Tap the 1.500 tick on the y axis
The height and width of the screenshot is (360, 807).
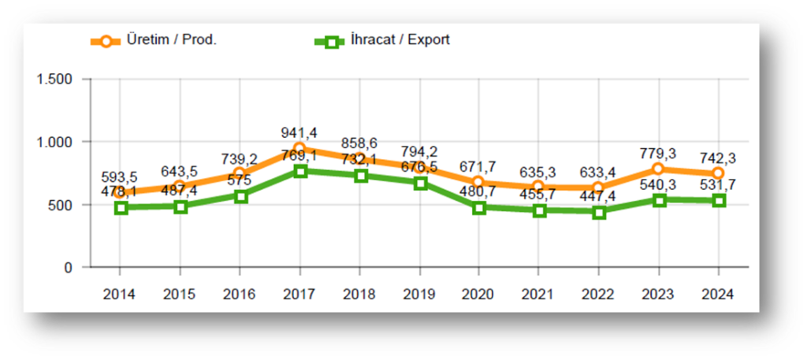click(x=54, y=80)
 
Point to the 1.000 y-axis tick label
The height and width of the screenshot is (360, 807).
click(x=54, y=143)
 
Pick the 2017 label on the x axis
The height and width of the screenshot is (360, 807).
click(x=299, y=294)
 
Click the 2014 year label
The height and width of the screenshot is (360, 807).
click(x=120, y=294)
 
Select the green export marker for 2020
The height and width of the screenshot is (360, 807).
click(x=478, y=207)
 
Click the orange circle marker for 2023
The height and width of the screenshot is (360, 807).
click(x=658, y=169)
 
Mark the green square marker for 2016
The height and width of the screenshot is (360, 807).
click(x=240, y=196)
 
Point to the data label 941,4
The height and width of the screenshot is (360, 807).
click(x=299, y=132)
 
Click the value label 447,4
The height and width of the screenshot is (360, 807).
click(x=599, y=195)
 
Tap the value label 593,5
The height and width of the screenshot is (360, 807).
click(x=120, y=176)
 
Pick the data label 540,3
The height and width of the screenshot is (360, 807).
click(x=658, y=185)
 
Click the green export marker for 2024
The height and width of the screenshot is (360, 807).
click(x=718, y=201)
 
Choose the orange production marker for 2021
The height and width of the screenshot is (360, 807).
click(x=538, y=187)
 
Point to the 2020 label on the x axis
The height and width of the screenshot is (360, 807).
click(x=478, y=294)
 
